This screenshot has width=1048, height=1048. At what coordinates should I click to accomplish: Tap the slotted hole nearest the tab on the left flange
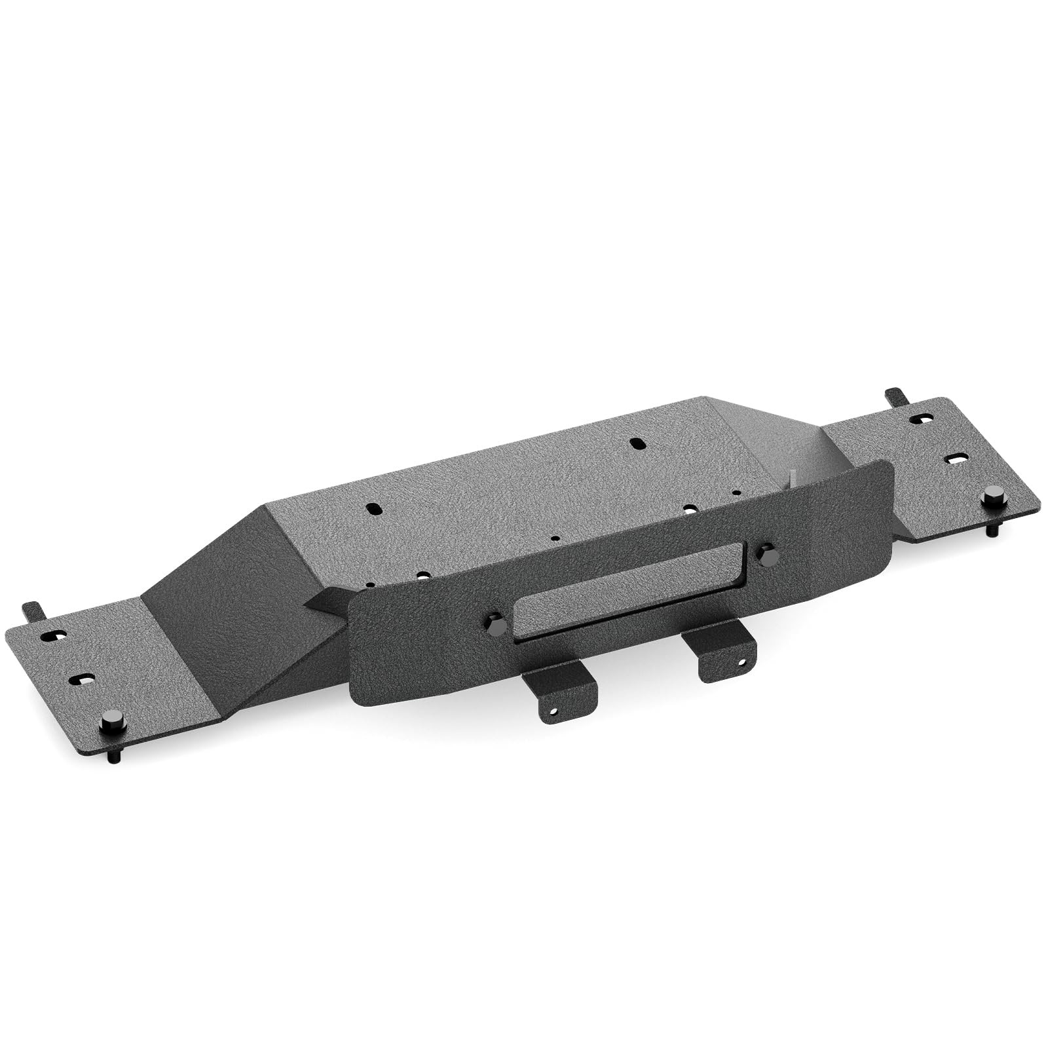[x=52, y=635]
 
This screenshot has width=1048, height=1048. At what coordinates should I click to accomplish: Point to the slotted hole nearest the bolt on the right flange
[x=956, y=458]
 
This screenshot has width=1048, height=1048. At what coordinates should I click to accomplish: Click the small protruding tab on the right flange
[x=894, y=396]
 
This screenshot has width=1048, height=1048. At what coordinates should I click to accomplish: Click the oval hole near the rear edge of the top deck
[x=636, y=443]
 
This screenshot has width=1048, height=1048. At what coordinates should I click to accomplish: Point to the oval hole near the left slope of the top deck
[x=374, y=508]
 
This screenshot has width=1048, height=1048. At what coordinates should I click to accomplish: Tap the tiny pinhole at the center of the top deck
[x=555, y=539]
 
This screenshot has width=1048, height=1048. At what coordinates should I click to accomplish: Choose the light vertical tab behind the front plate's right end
[x=795, y=477]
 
